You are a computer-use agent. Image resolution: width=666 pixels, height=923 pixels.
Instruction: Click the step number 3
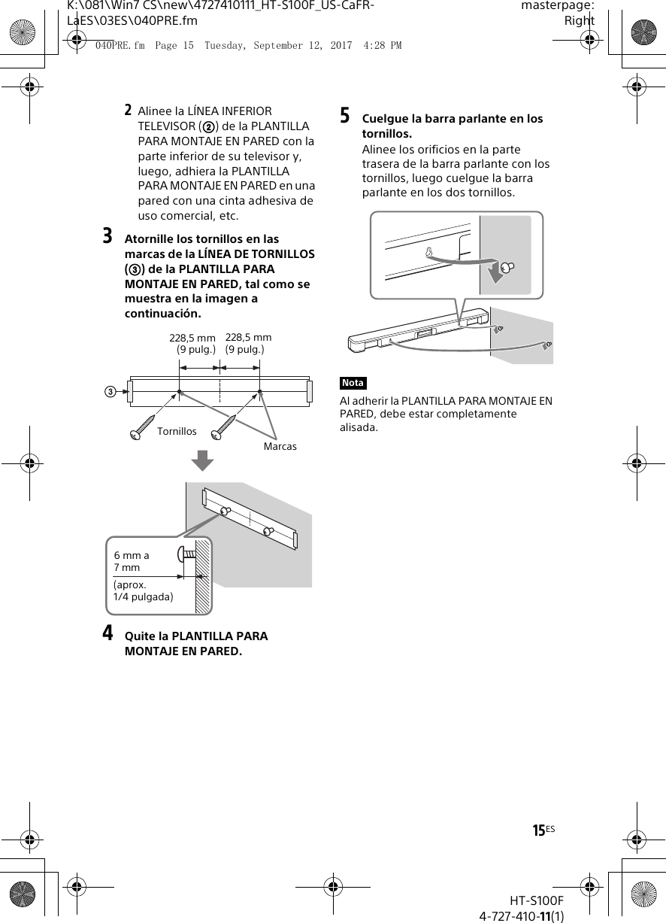108,237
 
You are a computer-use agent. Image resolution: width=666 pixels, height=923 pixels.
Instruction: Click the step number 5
345,117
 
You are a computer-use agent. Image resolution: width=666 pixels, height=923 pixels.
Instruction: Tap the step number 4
108,633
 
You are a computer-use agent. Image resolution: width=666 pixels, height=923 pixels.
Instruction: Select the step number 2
129,111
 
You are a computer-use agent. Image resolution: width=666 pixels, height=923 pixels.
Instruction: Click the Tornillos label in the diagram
177,431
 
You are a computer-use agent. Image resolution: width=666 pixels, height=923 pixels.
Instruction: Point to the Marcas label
280,446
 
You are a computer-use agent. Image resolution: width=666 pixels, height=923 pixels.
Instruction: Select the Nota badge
353,384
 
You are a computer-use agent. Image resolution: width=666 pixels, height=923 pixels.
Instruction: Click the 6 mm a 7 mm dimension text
132,561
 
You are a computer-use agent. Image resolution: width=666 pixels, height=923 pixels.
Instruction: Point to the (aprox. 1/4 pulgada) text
143,591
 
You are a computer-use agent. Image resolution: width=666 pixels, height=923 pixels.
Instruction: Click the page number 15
539,830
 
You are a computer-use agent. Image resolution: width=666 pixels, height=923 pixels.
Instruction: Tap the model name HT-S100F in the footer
536,900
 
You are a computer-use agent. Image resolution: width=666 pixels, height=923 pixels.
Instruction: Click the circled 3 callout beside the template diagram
110,392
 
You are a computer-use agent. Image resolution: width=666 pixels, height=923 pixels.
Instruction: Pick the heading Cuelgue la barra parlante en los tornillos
453,126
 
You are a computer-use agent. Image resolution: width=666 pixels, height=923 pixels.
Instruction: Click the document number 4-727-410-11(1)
522,915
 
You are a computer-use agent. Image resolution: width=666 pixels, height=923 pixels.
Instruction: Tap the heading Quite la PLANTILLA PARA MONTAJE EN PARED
196,643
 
